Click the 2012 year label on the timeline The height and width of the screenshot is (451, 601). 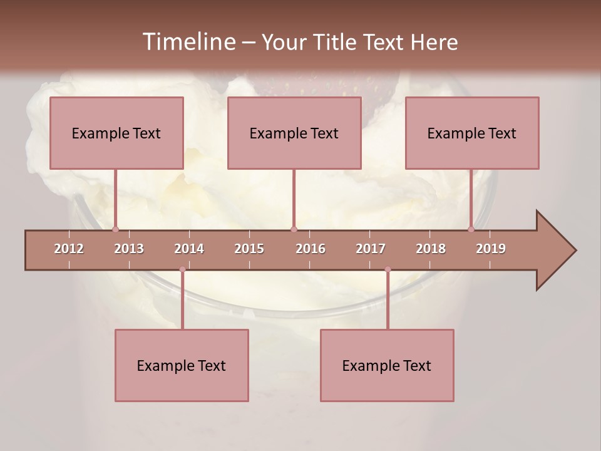pyautogui.click(x=69, y=249)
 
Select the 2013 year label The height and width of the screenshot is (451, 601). pyautogui.click(x=129, y=249)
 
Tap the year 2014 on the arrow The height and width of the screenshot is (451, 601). pyautogui.click(x=189, y=249)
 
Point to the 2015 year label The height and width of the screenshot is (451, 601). pyautogui.click(x=249, y=249)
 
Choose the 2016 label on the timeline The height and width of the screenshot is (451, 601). pyautogui.click(x=311, y=249)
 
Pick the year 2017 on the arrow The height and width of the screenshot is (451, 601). pyautogui.click(x=371, y=249)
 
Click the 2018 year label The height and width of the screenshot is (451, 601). pyautogui.click(x=431, y=249)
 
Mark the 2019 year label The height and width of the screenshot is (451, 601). pyautogui.click(x=491, y=249)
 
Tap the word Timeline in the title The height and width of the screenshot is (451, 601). pyautogui.click(x=188, y=42)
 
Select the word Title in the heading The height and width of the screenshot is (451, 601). pyautogui.click(x=337, y=42)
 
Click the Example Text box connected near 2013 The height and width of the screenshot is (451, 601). pyautogui.click(x=116, y=133)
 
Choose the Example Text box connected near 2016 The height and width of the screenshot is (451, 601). pyautogui.click(x=294, y=133)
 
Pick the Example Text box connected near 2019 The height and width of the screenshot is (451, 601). pyautogui.click(x=472, y=133)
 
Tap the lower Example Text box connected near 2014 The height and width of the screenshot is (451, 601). pyautogui.click(x=182, y=365)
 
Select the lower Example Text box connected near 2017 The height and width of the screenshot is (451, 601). pyautogui.click(x=387, y=365)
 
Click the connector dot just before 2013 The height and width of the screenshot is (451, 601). pyautogui.click(x=115, y=229)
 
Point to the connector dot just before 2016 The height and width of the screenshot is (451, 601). pyautogui.click(x=294, y=229)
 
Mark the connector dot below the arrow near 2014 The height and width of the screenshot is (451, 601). pyautogui.click(x=182, y=269)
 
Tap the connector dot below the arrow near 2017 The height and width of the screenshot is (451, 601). pyautogui.click(x=388, y=269)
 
